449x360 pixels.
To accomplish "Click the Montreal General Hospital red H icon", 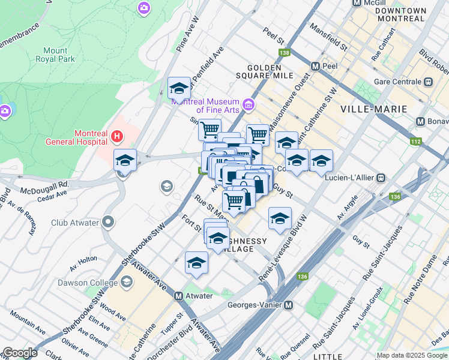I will point(117,137).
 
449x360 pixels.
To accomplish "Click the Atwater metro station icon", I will point(178,296).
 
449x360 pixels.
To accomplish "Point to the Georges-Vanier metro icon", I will point(289,305).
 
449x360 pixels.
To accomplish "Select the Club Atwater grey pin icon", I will point(108,223).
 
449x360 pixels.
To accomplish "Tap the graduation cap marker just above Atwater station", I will point(196,263).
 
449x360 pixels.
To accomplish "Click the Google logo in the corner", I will point(20,353).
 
